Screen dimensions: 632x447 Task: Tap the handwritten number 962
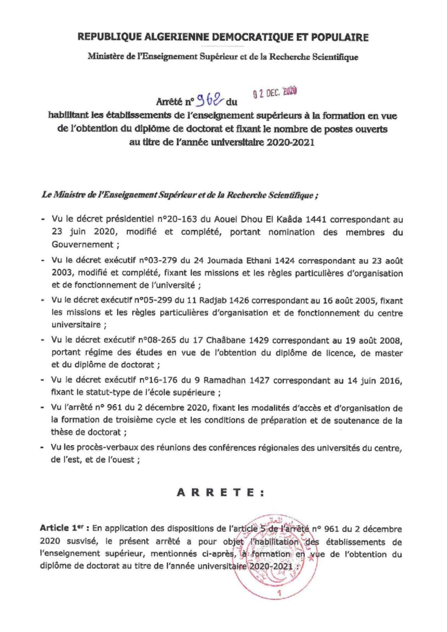[x=209, y=101]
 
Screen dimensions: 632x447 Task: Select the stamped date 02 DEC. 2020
[x=274, y=93]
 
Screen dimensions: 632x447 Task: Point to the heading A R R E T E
[x=221, y=493]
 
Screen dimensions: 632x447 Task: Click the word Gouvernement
[x=83, y=244]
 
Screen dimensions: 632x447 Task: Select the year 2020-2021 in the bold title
[x=290, y=142]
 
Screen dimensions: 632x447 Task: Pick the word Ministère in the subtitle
[x=104, y=57]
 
